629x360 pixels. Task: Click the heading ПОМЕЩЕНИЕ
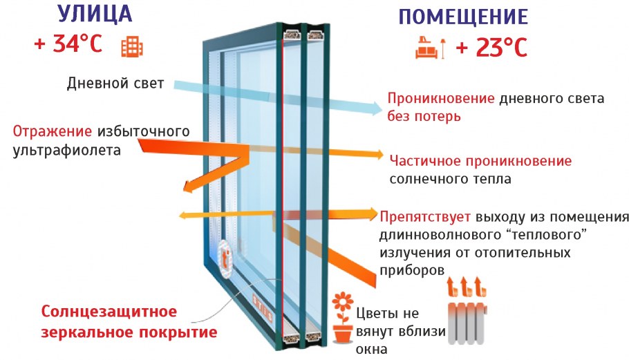click(x=464, y=17)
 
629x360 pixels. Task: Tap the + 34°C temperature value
click(x=68, y=45)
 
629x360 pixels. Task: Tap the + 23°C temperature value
click(x=491, y=48)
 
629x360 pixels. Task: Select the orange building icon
click(x=131, y=46)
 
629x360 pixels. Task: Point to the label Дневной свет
click(x=115, y=84)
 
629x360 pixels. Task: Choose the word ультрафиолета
click(x=66, y=149)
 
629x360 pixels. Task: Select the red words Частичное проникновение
click(x=480, y=161)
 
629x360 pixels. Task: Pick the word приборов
click(x=412, y=269)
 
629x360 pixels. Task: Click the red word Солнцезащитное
click(x=109, y=311)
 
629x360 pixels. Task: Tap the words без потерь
click(x=424, y=116)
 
